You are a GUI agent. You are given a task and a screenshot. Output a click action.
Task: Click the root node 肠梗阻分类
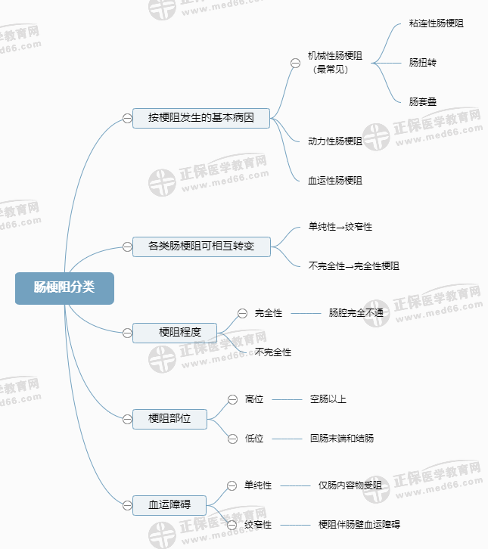tap(64, 287)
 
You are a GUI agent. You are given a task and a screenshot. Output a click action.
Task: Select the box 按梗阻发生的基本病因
tap(200, 118)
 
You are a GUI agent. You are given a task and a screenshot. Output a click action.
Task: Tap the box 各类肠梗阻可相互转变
tap(200, 246)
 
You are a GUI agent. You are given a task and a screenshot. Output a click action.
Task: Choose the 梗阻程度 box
tap(175, 332)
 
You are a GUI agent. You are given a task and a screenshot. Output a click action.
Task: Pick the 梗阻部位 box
tap(169, 417)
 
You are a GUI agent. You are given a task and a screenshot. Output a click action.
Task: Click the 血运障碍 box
tap(169, 504)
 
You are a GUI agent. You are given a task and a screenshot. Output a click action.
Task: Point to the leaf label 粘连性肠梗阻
tap(436, 23)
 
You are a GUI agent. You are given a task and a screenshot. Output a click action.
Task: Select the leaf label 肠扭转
tap(423, 62)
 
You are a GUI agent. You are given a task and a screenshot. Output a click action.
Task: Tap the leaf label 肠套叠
tap(423, 101)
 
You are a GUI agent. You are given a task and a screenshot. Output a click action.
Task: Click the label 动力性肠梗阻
tap(335, 141)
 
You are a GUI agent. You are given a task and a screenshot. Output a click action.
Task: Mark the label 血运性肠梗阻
tap(335, 181)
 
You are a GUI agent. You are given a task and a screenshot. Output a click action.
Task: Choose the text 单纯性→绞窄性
tap(340, 226)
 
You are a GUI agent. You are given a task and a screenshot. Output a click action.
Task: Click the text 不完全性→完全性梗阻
tap(354, 266)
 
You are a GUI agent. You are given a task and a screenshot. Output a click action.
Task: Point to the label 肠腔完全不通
tap(356, 312)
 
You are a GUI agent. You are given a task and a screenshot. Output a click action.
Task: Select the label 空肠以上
tap(328, 399)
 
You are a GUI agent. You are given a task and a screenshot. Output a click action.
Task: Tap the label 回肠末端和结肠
tap(342, 438)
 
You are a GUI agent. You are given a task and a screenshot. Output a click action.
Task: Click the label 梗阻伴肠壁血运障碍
tap(359, 524)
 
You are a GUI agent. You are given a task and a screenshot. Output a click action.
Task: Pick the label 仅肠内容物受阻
tap(350, 485)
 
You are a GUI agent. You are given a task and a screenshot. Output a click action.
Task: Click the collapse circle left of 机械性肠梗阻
tap(295, 63)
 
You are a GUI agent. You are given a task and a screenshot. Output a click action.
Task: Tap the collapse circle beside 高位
tap(232, 399)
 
